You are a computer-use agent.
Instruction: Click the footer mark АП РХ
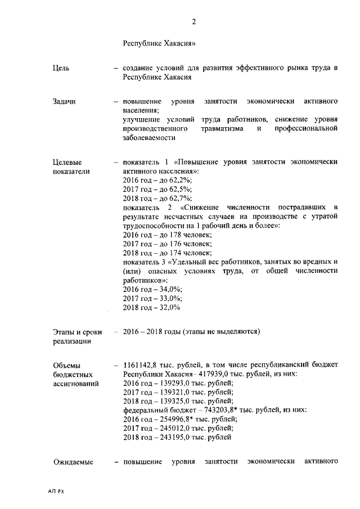pos(57,491)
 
